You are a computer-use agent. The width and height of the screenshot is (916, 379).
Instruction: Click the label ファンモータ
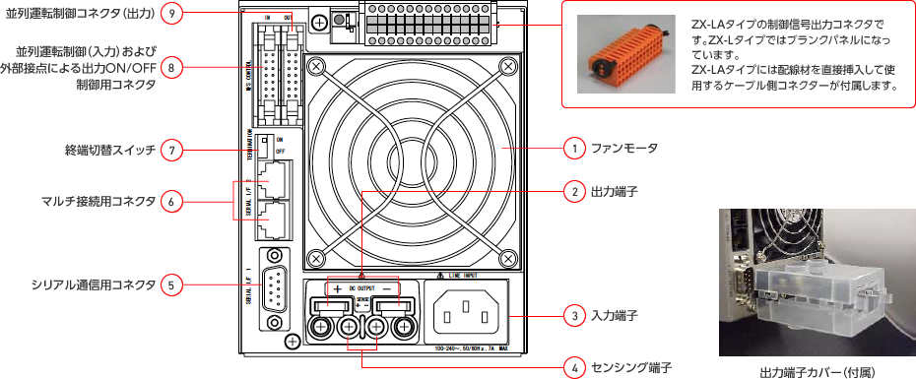tap(623, 148)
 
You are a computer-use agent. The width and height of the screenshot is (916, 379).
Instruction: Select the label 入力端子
tap(615, 317)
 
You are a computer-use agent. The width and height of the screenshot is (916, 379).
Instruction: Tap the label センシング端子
tap(631, 367)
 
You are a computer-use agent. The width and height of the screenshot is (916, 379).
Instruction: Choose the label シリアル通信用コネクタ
tap(94, 285)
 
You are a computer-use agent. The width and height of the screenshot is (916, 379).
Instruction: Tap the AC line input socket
tap(467, 315)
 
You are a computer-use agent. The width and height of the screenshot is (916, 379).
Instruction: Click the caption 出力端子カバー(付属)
tap(818, 372)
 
